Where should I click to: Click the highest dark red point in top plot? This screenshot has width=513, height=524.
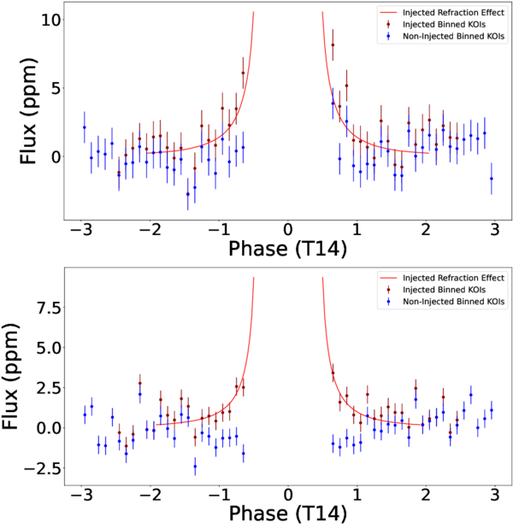(333, 44)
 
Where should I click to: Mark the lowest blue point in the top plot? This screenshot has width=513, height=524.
(188, 194)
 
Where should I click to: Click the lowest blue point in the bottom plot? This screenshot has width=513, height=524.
(195, 466)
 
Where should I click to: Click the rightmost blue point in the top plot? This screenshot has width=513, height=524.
(492, 178)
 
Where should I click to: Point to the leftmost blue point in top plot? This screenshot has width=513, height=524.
(84, 127)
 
